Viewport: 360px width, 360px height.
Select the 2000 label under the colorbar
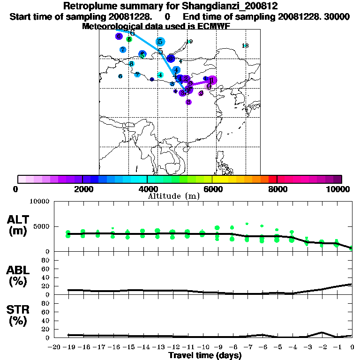pyautogui.click(x=82, y=189)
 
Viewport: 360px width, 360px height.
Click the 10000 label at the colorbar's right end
pyautogui.click(x=340, y=189)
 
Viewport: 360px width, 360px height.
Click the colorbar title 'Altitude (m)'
pyautogui.click(x=173, y=196)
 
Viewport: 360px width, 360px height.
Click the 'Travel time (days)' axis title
pyautogui.click(x=205, y=356)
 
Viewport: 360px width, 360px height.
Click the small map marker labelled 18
pyautogui.click(x=245, y=45)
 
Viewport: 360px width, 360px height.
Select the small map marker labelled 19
pyautogui.click(x=189, y=42)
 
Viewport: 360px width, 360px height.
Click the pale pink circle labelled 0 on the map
pyautogui.click(x=209, y=86)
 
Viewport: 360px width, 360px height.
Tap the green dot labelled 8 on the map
pyautogui.click(x=129, y=39)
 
